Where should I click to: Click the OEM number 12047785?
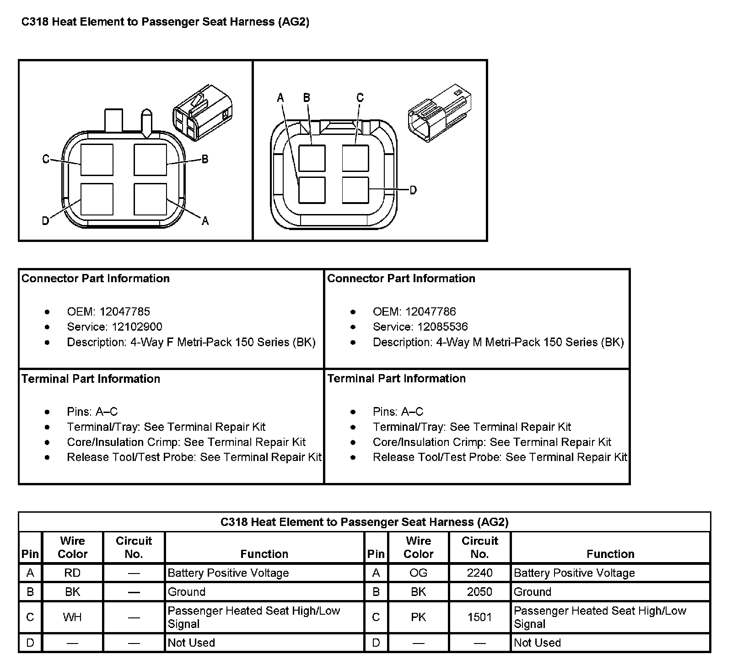click(124, 312)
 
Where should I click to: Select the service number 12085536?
click(442, 327)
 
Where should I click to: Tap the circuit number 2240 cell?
click(479, 573)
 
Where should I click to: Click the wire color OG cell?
click(418, 573)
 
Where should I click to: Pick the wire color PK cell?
click(418, 617)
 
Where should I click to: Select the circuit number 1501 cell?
click(479, 617)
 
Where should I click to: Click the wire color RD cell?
click(72, 573)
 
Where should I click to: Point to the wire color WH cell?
click(72, 617)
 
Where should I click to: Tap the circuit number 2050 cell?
click(479, 592)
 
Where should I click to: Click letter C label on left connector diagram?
click(46, 159)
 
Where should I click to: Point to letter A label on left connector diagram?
click(205, 221)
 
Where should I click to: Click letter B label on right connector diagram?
click(307, 97)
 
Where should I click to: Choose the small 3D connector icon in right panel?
click(439, 112)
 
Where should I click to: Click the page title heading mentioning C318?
click(165, 22)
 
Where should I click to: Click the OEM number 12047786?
click(431, 312)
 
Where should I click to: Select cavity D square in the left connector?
click(97, 199)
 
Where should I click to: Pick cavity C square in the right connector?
click(355, 158)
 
